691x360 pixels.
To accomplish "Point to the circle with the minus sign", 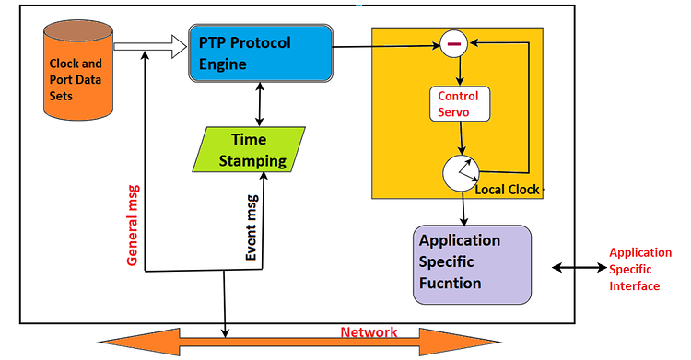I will coord(453,43).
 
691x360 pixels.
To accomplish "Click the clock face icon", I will coord(462,173).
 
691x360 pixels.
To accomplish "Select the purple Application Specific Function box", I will coord(473,264).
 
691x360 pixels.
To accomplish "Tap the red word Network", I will coord(369,332).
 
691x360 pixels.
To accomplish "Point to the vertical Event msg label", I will coord(252,226).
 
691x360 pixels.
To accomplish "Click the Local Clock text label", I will coord(508,190).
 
